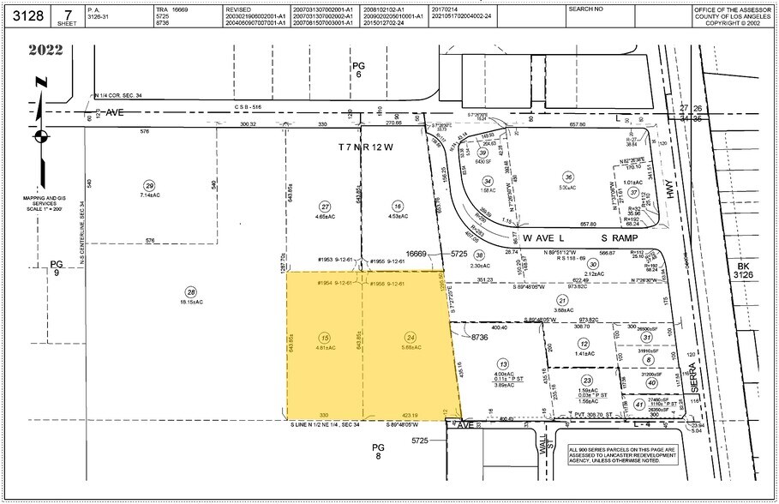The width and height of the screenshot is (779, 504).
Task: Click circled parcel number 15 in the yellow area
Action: [323, 337]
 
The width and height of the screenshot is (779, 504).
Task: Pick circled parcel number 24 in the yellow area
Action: [410, 337]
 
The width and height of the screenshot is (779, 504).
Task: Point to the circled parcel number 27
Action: [324, 207]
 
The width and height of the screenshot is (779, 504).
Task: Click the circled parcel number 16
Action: [397, 207]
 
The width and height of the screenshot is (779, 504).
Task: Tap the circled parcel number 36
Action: [567, 177]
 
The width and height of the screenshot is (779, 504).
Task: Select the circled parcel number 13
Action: [502, 363]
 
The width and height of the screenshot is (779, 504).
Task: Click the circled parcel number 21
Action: [562, 300]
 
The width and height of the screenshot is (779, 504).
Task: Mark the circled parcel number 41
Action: [640, 405]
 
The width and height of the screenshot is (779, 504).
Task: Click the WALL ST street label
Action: [542, 446]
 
